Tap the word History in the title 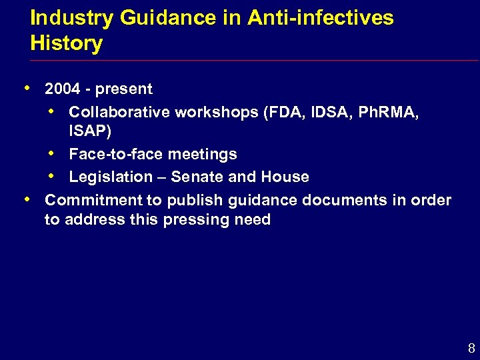point(67,44)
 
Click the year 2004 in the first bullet point(63,89)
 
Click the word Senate point(195,177)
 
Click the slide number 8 point(471,348)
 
